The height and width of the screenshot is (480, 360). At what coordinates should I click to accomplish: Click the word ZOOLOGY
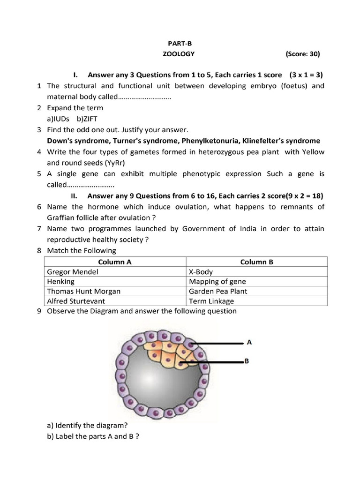coord(178,54)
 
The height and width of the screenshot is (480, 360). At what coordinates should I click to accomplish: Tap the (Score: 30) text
coord(302,54)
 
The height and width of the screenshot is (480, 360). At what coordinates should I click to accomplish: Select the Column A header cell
coord(115,262)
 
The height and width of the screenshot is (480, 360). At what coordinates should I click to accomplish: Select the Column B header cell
coord(256,262)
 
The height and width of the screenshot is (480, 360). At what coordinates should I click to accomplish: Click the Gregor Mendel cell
coord(115,271)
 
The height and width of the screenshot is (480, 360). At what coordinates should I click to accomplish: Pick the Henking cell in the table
coord(115,281)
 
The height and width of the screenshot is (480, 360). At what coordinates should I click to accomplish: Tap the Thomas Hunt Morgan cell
coord(115,291)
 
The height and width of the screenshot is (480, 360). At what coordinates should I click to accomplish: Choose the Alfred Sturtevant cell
coord(115,301)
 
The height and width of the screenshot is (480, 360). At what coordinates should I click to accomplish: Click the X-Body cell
coord(256,271)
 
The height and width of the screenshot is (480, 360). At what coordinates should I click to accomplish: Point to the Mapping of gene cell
coord(256,281)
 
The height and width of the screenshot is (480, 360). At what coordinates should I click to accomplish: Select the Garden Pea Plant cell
coord(256,291)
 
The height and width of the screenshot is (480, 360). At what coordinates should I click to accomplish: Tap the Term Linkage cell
coord(256,301)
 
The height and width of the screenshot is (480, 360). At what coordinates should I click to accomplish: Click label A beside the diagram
coord(249,342)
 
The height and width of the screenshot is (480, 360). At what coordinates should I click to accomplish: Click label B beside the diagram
coord(246,361)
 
